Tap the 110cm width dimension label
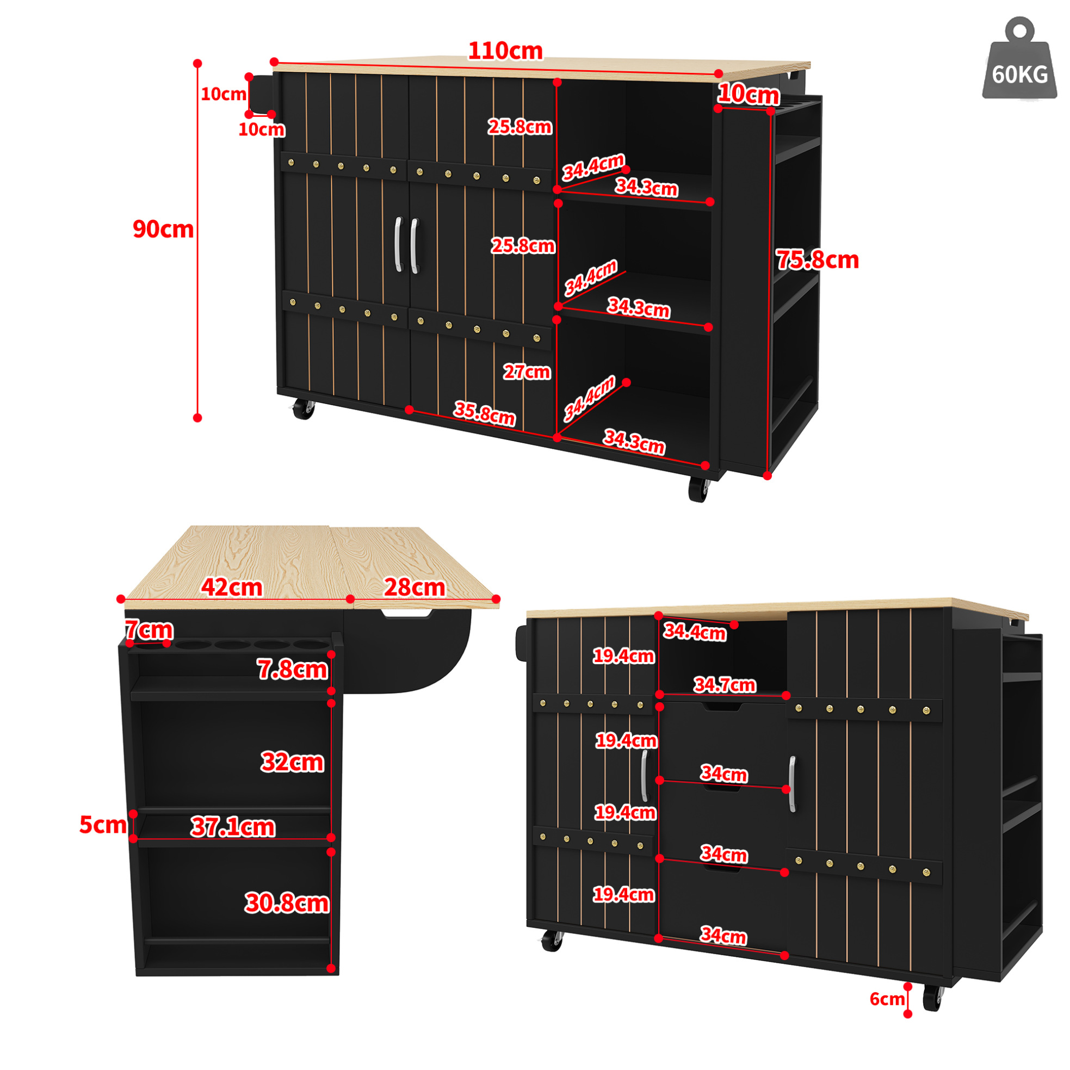click(x=505, y=51)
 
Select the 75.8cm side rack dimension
click(x=817, y=259)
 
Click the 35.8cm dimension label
click(x=485, y=413)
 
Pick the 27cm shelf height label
click(x=527, y=372)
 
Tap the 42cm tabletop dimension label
click(x=232, y=587)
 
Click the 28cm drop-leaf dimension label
click(x=415, y=587)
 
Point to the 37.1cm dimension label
click(x=233, y=827)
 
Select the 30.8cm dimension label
click(x=287, y=903)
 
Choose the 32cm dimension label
click(x=293, y=762)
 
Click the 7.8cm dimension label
click(x=293, y=670)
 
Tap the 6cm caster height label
click(x=887, y=999)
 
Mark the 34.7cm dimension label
click(x=725, y=685)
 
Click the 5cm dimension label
click(x=103, y=825)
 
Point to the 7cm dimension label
click(x=149, y=630)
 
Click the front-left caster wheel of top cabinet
click(x=304, y=409)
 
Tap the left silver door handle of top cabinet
click(x=398, y=244)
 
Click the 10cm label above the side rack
click(x=748, y=94)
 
